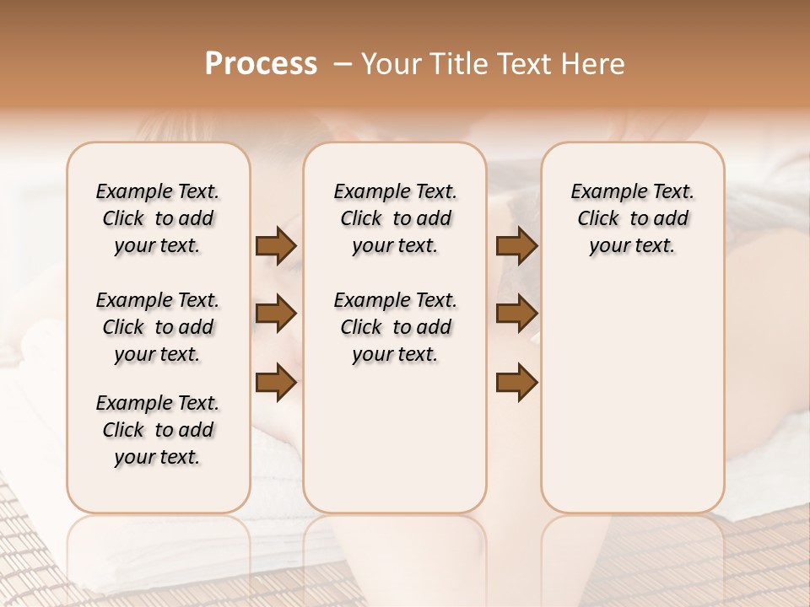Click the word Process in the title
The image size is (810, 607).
coord(261,64)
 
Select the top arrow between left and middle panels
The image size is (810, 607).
coord(276,245)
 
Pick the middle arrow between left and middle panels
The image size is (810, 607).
coord(276,314)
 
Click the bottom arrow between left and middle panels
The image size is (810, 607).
coord(276,383)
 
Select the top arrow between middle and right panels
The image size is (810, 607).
coord(516,245)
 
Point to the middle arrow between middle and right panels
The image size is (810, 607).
coord(516,314)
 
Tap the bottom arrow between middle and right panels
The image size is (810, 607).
coord(516,383)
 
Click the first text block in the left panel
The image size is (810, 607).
coord(158,218)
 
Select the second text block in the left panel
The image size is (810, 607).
coord(158,327)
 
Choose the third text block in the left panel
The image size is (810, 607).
coord(158,430)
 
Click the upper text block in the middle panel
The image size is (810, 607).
coord(395,218)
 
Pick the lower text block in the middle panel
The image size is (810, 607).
coord(395,327)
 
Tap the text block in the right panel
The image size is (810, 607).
coord(632,218)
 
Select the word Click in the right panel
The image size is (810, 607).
coord(598,219)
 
